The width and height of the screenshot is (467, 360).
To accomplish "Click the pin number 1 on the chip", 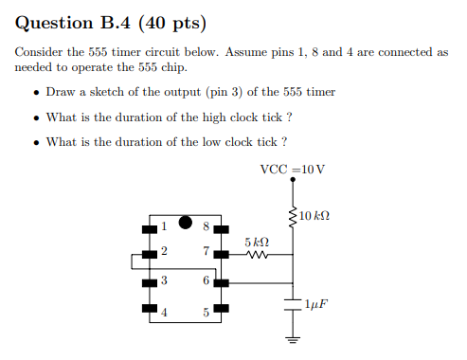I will pos(163,225).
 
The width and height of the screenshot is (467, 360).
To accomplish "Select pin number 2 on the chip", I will pos(163,252).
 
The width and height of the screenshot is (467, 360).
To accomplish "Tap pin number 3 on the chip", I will pos(163,280).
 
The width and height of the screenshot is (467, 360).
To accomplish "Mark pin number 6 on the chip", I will pos(206,280).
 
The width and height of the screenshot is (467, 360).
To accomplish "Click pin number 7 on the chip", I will pos(206,252).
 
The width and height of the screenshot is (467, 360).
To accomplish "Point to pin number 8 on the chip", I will pos(206,225).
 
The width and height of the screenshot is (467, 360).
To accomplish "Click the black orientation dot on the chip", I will pos(185,226).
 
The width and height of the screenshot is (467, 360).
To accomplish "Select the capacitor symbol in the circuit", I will pos(293,303).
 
